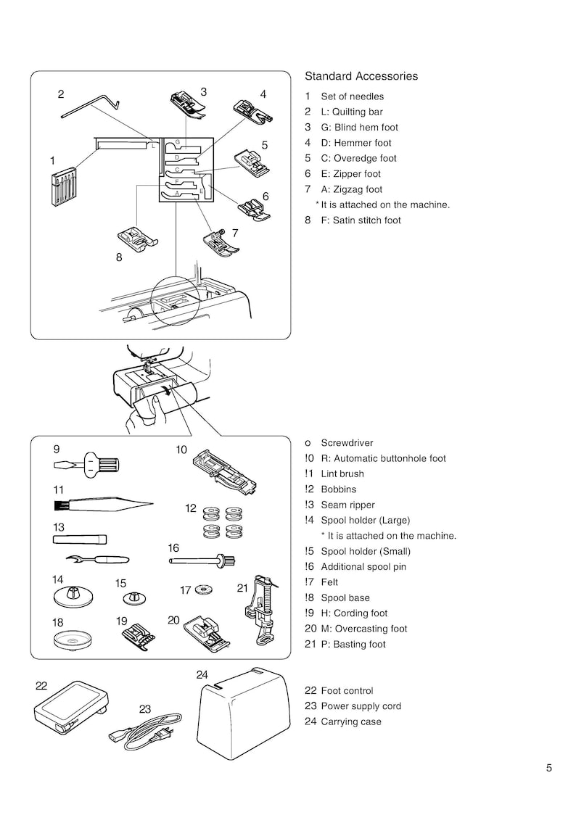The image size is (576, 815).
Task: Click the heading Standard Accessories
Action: pos(361,76)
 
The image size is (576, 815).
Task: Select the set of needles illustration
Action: pos(63,188)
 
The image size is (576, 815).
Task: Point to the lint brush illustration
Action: pos(102,502)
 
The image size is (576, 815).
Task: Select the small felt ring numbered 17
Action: pos(205,589)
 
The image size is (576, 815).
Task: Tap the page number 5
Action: pos(549,769)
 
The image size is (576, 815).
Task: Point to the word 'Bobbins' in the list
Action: pos(339,489)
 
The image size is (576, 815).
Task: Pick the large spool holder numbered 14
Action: pos(73,597)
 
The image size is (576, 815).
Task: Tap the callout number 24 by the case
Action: pos(202,675)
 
